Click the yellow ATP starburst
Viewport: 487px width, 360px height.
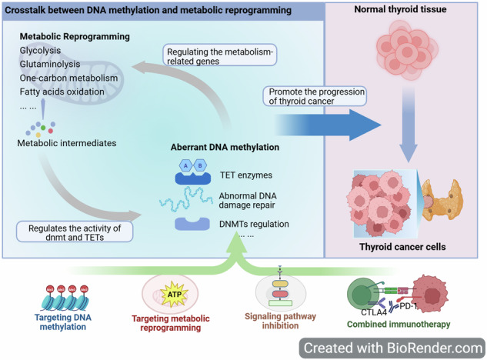[x=174, y=294]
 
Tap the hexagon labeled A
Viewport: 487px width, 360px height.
[x=185, y=165]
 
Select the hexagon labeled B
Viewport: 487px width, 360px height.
[x=200, y=165]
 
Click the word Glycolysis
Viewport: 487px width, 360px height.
[x=40, y=50]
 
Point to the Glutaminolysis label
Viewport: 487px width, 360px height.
[x=50, y=64]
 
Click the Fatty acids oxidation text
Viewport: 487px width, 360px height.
[x=62, y=92]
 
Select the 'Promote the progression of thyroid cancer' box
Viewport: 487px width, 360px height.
[x=315, y=96]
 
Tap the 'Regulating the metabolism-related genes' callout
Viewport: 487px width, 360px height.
[x=220, y=55]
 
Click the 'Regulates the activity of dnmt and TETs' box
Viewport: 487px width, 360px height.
[x=75, y=232]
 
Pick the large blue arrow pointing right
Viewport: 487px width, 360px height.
[x=328, y=125]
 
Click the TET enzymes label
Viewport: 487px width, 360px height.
[x=246, y=175]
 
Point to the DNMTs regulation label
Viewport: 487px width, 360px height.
[x=254, y=224]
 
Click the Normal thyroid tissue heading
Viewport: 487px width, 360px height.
[x=400, y=9]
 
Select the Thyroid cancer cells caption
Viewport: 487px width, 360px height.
[x=402, y=247]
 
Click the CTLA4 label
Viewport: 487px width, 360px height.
[x=374, y=312]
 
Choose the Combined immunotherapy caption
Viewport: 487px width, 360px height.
[x=399, y=325]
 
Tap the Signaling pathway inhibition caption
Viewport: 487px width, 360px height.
[x=280, y=321]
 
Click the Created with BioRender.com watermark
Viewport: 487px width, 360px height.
[x=392, y=348]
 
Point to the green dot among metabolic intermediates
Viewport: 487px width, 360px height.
[x=43, y=128]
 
